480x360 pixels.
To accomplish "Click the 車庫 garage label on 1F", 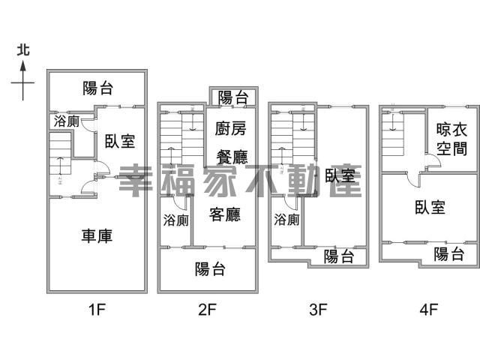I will tap(97, 235).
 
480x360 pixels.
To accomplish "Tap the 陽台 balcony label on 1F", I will tap(97, 88).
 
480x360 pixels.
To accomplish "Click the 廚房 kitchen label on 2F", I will tap(230, 129).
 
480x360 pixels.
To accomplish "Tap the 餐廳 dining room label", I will tap(231, 157).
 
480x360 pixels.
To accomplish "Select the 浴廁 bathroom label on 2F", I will tap(175, 220).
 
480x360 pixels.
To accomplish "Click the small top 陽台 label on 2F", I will tap(233, 97).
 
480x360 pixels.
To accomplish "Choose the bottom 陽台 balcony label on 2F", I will tap(211, 268).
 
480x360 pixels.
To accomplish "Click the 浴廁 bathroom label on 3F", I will tap(286, 220).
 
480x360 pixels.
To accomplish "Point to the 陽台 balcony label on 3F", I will tap(339, 257).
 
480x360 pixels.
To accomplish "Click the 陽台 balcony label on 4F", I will tap(449, 254).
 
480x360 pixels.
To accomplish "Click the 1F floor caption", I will tap(97, 307).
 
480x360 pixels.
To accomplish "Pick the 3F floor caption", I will tap(319, 307).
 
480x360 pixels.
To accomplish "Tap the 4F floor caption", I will tap(429, 307).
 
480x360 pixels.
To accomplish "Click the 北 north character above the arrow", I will tap(23, 50).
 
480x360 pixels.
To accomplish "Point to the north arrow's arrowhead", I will tap(23, 65).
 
